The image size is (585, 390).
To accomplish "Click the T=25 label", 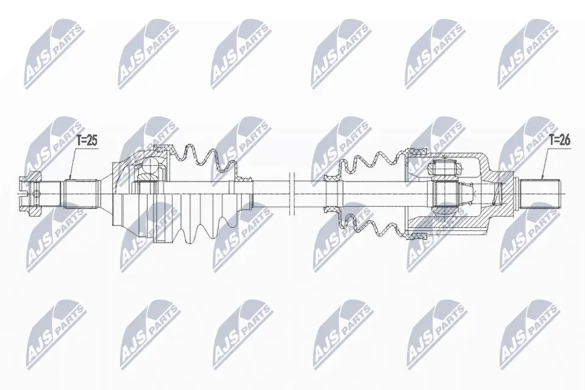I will click(x=87, y=141).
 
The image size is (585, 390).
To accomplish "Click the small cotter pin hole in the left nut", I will click(x=35, y=194).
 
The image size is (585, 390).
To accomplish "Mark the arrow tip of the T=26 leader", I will click(x=541, y=178).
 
